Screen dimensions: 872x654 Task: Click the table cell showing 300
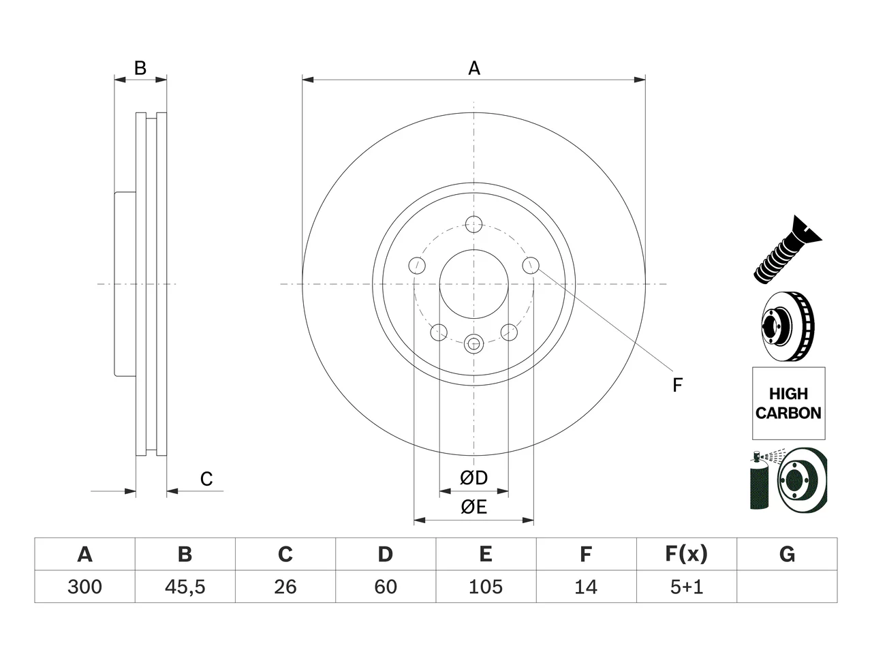pyautogui.click(x=84, y=587)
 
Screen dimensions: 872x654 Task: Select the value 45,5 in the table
pyautogui.click(x=185, y=587)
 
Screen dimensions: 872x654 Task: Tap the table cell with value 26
pyautogui.click(x=285, y=587)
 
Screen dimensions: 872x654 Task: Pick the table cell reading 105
pyautogui.click(x=486, y=587)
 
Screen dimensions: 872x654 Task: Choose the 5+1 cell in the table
pyautogui.click(x=687, y=587)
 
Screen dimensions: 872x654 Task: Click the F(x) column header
pyautogui.click(x=687, y=555)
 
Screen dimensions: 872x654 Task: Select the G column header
pyautogui.click(x=787, y=555)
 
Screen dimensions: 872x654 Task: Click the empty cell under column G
pyautogui.click(x=787, y=587)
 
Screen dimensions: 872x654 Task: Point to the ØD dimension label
pyautogui.click(x=473, y=478)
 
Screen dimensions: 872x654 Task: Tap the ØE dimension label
pyautogui.click(x=473, y=507)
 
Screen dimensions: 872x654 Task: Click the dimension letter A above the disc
pyautogui.click(x=474, y=68)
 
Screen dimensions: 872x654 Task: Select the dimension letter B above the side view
pyautogui.click(x=140, y=68)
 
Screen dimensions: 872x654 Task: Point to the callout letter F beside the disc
pyautogui.click(x=677, y=385)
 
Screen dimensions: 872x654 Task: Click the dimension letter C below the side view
pyautogui.click(x=206, y=479)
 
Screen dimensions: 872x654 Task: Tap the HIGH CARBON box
pyautogui.click(x=789, y=403)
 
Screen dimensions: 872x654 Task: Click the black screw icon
pyautogui.click(x=788, y=250)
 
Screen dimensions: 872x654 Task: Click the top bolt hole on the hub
pyautogui.click(x=473, y=224)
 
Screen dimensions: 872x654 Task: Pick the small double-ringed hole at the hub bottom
pyautogui.click(x=473, y=343)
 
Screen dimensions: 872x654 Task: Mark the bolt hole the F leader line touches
pyautogui.click(x=531, y=265)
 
